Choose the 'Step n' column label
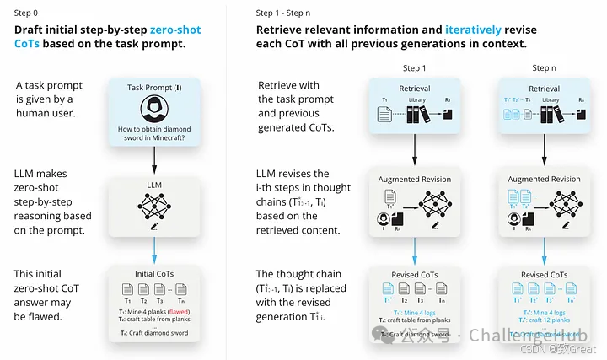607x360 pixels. (x=545, y=68)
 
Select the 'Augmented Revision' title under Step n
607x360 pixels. (x=545, y=180)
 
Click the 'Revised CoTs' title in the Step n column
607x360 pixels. (x=545, y=275)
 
